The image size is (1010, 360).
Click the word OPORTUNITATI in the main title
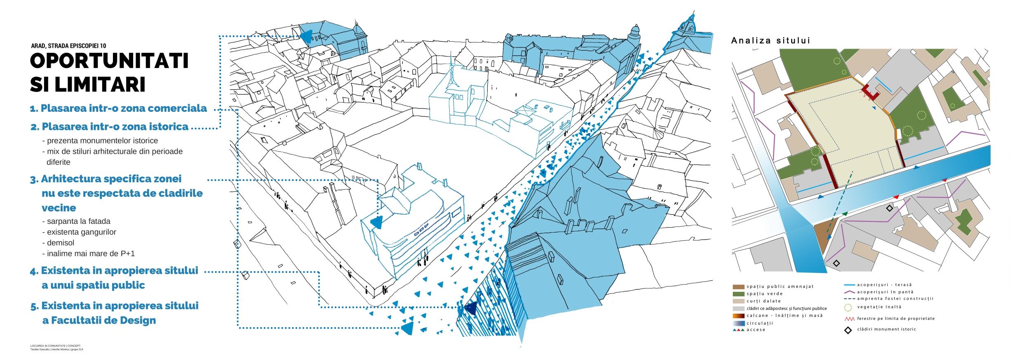pos(109,61)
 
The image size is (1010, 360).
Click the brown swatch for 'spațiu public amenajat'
pos(738,287)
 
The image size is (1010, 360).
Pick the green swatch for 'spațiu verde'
pos(738,294)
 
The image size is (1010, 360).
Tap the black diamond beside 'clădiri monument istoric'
pos(848,329)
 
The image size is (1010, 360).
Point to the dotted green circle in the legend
pos(848,307)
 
